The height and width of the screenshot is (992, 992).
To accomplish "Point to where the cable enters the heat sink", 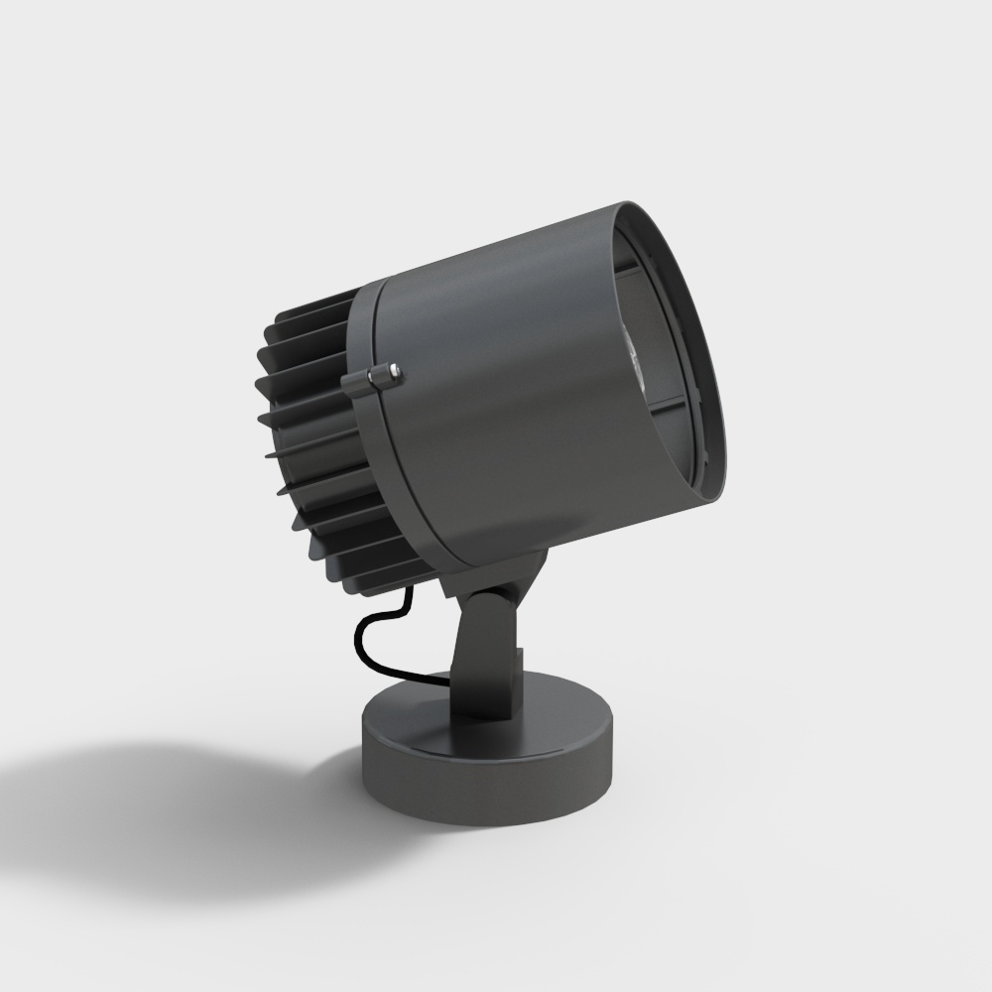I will click(406, 596).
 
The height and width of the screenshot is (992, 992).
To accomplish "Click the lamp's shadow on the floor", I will click(198, 813).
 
